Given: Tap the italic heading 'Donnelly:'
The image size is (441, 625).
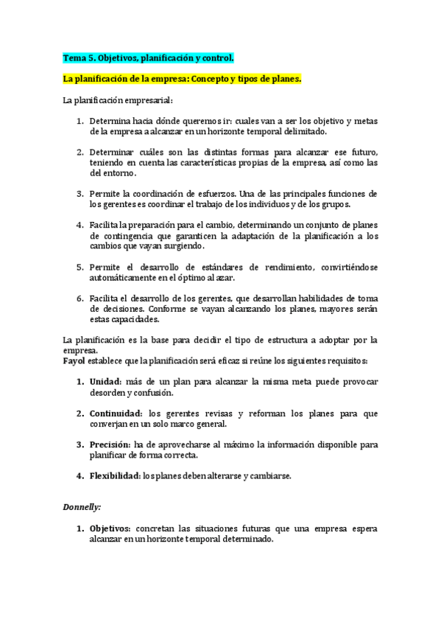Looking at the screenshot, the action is pyautogui.click(x=82, y=507).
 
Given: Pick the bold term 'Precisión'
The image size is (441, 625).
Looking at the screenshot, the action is pyautogui.click(x=110, y=444).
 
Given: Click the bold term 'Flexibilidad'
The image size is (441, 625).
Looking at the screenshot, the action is pyautogui.click(x=115, y=475).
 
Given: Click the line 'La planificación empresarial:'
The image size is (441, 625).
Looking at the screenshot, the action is pyautogui.click(x=118, y=99).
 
